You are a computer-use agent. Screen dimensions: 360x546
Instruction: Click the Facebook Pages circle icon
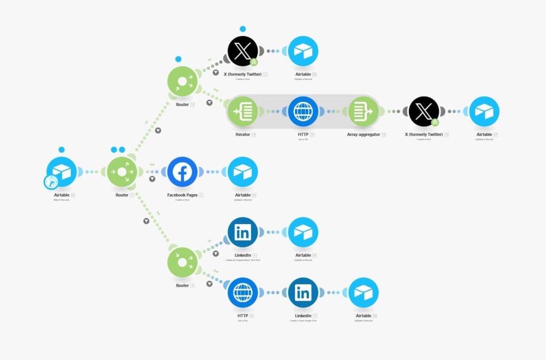(182, 172)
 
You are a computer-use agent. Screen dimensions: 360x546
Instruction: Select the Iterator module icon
(243, 111)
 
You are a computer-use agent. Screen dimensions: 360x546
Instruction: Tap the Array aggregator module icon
(364, 111)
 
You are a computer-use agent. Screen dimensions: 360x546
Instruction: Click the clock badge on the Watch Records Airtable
(51, 182)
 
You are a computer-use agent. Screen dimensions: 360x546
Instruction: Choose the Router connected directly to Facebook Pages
(122, 172)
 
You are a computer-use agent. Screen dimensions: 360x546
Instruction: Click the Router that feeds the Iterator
(182, 82)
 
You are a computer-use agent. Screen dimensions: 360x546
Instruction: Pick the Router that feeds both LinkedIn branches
(182, 262)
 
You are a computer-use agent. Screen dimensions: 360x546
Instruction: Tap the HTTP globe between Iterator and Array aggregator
(303, 111)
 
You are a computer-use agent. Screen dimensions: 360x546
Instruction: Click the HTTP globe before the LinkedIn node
(243, 293)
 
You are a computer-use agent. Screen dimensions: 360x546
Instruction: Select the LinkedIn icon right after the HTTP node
(303, 293)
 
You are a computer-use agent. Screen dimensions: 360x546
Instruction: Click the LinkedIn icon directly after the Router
(243, 232)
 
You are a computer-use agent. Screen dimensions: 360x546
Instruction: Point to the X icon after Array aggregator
(424, 111)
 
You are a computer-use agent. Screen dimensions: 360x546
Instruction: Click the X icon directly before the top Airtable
(243, 51)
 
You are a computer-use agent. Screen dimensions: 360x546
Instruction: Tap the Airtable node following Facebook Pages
(243, 172)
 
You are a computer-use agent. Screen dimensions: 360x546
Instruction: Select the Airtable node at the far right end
(484, 111)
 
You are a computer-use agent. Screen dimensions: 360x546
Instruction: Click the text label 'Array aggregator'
(363, 134)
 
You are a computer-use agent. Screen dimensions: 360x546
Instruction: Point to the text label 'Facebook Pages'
(182, 195)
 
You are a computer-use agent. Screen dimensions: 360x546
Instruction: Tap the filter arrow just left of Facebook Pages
(152, 179)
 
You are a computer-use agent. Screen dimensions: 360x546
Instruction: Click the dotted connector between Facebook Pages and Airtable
(213, 172)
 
